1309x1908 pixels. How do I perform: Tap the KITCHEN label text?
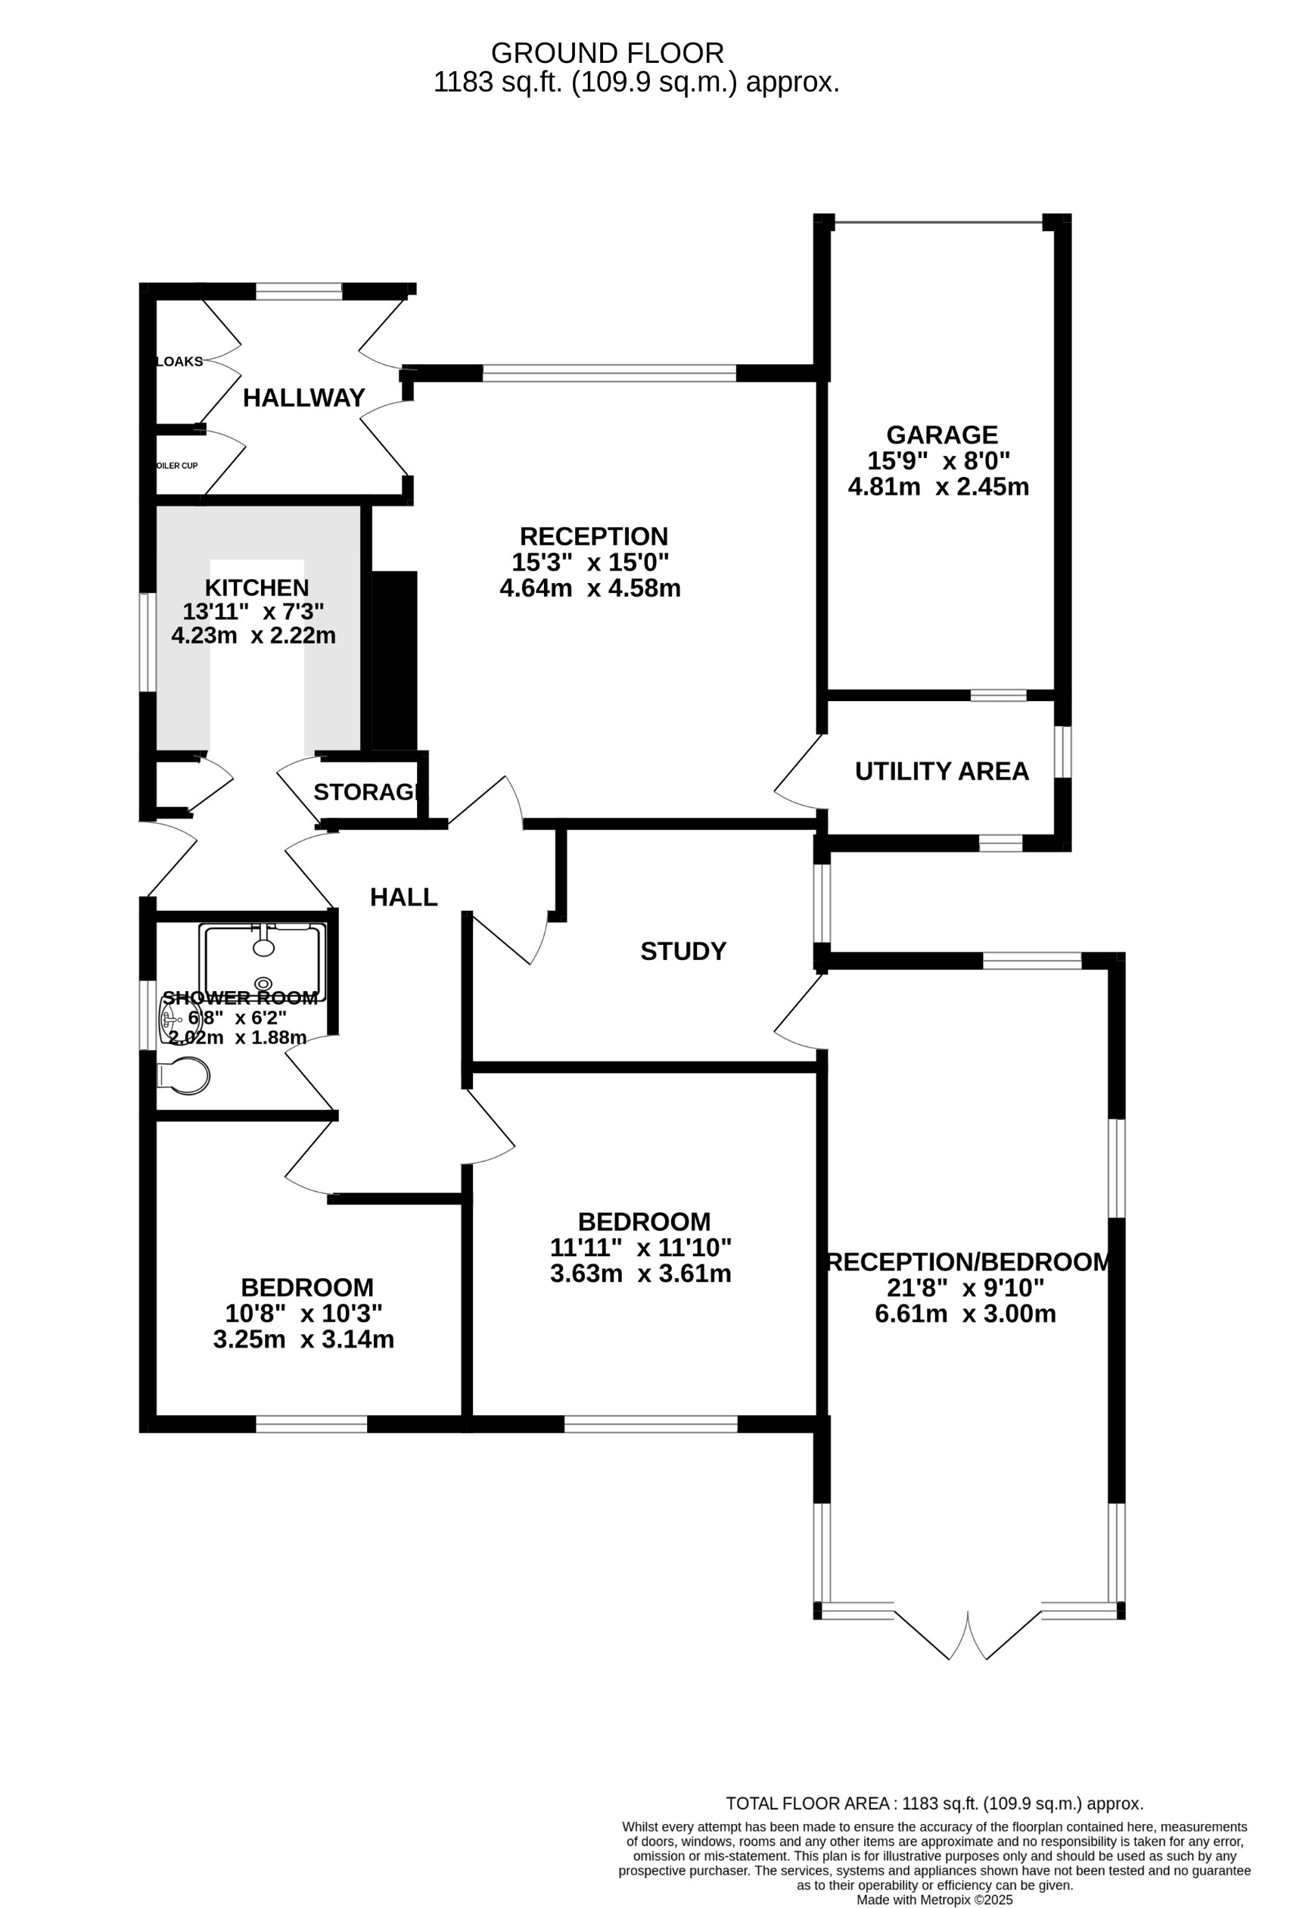click(x=256, y=588)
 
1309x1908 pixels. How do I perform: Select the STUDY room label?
click(x=682, y=952)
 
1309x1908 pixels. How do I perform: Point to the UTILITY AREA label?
click(x=941, y=772)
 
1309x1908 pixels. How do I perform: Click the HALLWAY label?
click(x=303, y=398)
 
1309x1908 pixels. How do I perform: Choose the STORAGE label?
click(x=367, y=792)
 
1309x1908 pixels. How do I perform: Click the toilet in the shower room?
click(x=186, y=1075)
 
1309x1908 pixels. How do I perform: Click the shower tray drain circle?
click(x=263, y=984)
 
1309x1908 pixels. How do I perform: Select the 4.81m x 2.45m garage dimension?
click(x=938, y=487)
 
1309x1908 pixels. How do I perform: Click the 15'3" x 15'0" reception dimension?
click(x=590, y=563)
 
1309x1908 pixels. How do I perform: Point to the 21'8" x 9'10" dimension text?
click(x=965, y=1287)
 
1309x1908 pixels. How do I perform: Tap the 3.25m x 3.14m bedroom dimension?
click(x=303, y=1340)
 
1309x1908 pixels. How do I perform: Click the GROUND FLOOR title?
click(x=608, y=53)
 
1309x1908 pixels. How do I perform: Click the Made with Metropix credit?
click(x=934, y=1900)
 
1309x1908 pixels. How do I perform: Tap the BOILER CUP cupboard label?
click(x=177, y=466)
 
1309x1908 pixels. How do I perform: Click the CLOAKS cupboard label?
click(x=179, y=362)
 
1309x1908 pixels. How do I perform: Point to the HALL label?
click(x=404, y=897)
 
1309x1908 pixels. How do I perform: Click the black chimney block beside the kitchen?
click(x=395, y=661)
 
